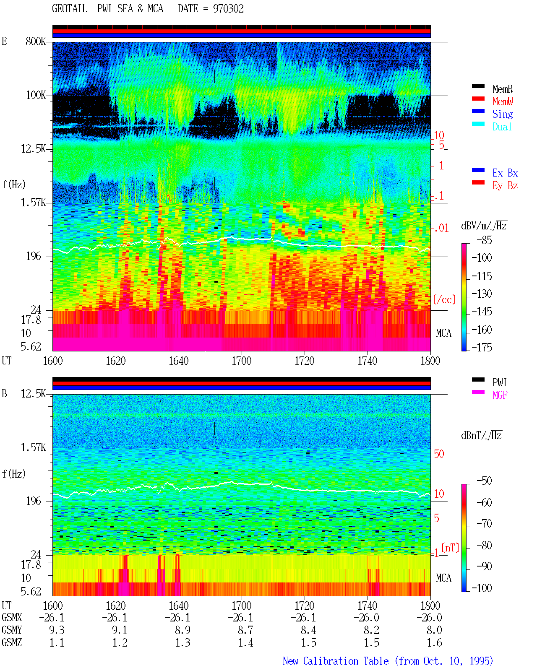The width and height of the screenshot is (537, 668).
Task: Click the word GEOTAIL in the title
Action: pyautogui.click(x=70, y=9)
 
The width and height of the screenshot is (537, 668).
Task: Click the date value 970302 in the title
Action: pyautogui.click(x=228, y=9)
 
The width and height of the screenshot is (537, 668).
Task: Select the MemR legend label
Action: pyautogui.click(x=502, y=89)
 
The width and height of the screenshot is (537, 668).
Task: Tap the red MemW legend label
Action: pyautogui.click(x=503, y=101)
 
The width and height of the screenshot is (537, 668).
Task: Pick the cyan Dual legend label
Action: pyautogui.click(x=502, y=127)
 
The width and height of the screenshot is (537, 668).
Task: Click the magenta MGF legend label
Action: pyautogui.click(x=500, y=395)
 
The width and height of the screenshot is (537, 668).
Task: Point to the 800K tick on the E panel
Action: pyautogui.click(x=36, y=41)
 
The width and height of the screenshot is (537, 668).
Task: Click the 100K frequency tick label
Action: pyautogui.click(x=36, y=95)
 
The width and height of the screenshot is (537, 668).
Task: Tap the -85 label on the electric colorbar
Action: pyautogui.click(x=485, y=240)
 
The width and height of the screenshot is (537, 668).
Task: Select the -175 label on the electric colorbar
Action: pyautogui.click(x=482, y=347)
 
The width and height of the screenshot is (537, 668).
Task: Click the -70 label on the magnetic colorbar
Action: pyautogui.click(x=485, y=524)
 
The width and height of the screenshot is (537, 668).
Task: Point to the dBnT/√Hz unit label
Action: pyautogui.click(x=481, y=435)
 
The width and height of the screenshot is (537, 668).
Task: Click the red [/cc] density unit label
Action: pyautogui.click(x=444, y=299)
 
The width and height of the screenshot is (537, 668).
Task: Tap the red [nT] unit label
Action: pyautogui.click(x=450, y=548)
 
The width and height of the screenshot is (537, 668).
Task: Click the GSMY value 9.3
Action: pyautogui.click(x=57, y=630)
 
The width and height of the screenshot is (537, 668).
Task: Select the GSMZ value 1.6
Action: pyautogui.click(x=434, y=642)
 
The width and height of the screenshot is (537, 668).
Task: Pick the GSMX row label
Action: pyautogui.click(x=12, y=617)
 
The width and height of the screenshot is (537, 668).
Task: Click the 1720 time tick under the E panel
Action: pyautogui.click(x=305, y=361)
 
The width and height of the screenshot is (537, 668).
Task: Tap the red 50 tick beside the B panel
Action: pyautogui.click(x=439, y=454)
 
